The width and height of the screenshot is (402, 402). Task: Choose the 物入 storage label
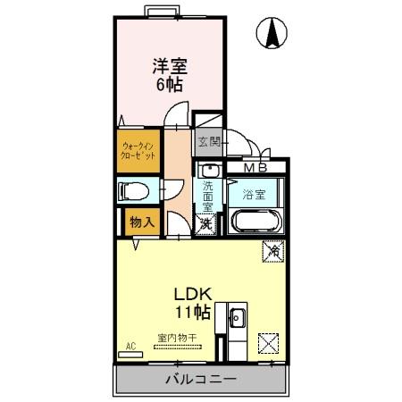pos(141,222)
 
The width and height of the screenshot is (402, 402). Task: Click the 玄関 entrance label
pos(208,140)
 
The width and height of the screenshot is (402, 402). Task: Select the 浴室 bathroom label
pos(253,193)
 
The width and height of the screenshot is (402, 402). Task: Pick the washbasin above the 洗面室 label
pos(207,170)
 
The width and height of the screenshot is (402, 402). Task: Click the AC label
pos(130,345)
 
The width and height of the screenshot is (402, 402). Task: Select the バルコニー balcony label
pos(200,379)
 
